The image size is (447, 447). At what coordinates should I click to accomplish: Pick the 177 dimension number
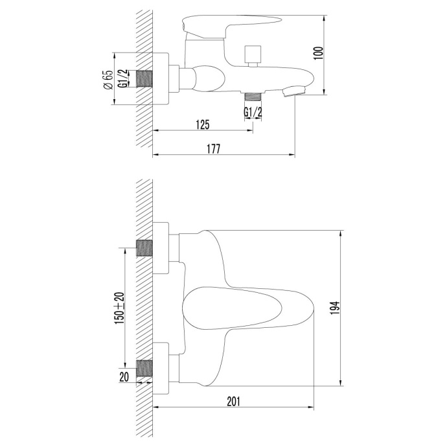click(214, 149)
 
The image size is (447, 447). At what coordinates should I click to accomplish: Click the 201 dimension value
click(233, 401)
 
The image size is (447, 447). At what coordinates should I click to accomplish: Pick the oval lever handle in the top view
click(246, 308)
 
